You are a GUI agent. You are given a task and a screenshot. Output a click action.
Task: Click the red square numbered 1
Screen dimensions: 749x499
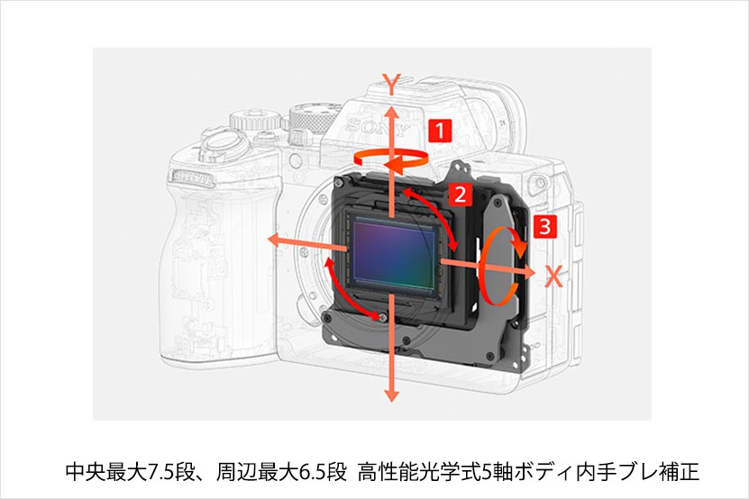(440, 130)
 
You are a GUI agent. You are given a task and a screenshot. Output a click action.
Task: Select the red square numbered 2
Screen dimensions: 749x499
(460, 195)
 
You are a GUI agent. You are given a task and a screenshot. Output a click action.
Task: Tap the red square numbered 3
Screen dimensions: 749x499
(545, 226)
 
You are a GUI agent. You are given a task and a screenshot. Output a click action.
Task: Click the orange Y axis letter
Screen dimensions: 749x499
(391, 84)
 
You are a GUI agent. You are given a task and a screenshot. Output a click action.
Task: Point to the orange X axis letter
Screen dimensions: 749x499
(553, 276)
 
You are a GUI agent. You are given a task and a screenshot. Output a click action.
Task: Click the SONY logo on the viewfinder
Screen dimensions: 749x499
(378, 127)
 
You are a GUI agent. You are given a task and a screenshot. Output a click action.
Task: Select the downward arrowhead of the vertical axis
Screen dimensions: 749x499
(391, 395)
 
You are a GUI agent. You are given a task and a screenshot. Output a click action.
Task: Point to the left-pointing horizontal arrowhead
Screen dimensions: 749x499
(274, 240)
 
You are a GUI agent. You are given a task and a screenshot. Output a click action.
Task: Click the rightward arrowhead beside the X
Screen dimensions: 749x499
(529, 271)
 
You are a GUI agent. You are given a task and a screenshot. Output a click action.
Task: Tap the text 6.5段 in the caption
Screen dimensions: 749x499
(321, 472)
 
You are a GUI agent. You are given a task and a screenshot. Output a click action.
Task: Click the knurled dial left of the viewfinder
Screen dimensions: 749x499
(314, 117)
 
